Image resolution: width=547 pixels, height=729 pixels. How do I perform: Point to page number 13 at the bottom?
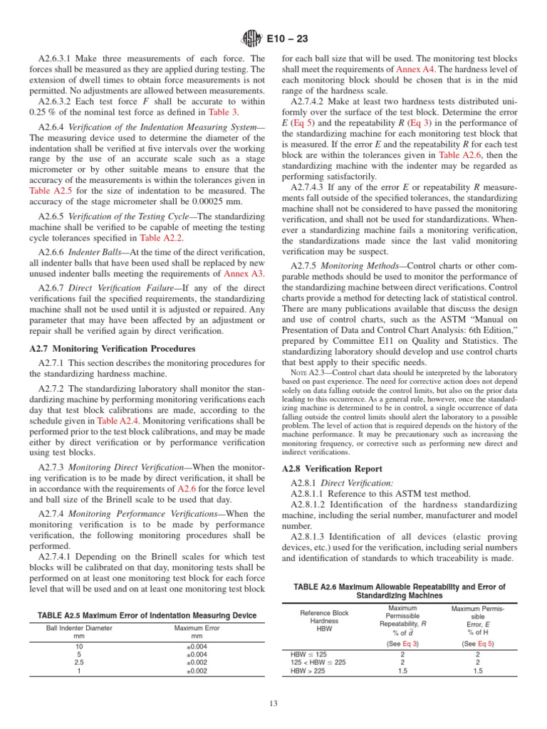tap(273, 705)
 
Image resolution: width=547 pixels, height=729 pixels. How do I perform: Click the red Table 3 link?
tap(224, 112)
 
